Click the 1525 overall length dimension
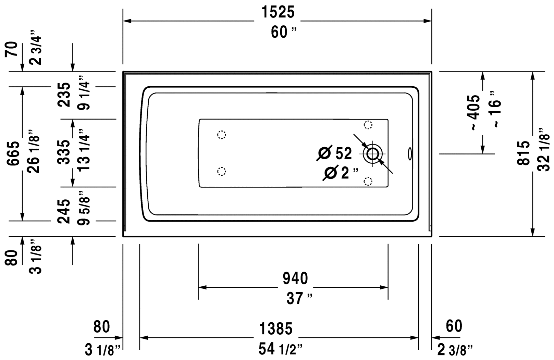pyautogui.click(x=278, y=12)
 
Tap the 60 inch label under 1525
pyautogui.click(x=284, y=33)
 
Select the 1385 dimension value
pyautogui.click(x=276, y=328)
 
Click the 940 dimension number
pyautogui.click(x=295, y=278)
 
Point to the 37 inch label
pyautogui.click(x=299, y=299)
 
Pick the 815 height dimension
pyautogui.click(x=523, y=153)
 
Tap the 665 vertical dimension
pyautogui.click(x=13, y=153)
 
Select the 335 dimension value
pyautogui.click(x=64, y=152)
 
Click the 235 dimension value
pyautogui.click(x=64, y=95)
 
